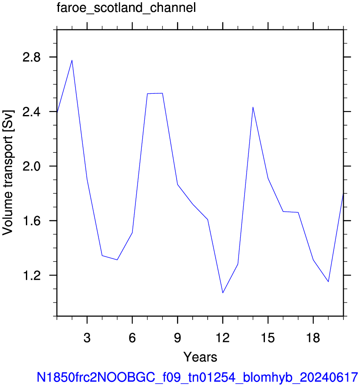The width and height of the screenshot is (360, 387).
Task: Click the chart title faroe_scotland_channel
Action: click(x=126, y=8)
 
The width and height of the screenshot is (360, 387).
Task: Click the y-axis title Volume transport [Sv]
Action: click(x=8, y=173)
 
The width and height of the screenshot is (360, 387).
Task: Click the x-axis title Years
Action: click(x=200, y=357)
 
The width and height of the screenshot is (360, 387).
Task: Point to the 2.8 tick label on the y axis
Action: click(x=31, y=57)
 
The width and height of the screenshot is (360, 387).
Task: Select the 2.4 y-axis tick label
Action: click(x=31, y=112)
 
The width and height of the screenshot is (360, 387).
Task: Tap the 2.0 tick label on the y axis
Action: click(x=31, y=166)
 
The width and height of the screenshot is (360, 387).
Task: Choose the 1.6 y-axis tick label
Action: click(x=31, y=221)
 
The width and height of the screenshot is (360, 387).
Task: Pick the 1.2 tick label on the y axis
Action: click(x=31, y=275)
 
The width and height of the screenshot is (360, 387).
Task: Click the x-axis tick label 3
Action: click(x=87, y=338)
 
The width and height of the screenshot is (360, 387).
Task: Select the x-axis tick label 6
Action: click(x=132, y=338)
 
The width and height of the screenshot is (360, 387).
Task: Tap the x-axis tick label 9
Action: click(x=177, y=338)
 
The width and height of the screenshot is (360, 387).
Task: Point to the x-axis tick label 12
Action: click(x=223, y=338)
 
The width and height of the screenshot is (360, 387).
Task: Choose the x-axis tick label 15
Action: click(x=268, y=338)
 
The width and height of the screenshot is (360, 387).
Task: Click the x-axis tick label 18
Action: click(x=313, y=338)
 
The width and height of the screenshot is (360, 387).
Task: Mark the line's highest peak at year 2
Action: click(x=72, y=60)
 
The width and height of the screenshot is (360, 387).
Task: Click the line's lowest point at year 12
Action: click(x=223, y=293)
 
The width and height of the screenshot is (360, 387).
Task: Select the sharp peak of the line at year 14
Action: click(x=253, y=107)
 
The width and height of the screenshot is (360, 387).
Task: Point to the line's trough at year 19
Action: click(x=328, y=282)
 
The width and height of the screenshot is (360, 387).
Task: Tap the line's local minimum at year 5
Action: click(x=117, y=260)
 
